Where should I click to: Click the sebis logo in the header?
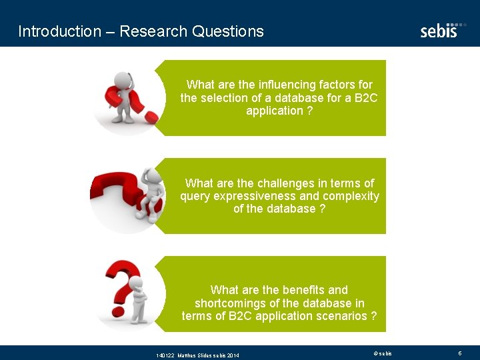(439, 30)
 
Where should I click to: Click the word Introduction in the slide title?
(50, 31)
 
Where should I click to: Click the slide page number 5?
(459, 353)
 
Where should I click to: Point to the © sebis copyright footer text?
(383, 353)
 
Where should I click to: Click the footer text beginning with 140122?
(197, 355)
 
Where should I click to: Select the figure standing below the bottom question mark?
(139, 300)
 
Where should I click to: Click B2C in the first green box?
(366, 98)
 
